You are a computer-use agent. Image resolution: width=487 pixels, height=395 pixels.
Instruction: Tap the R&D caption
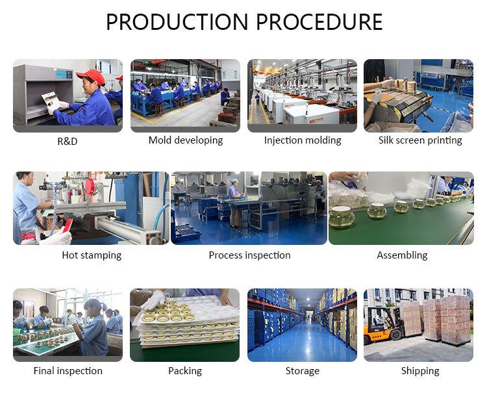coord(67,141)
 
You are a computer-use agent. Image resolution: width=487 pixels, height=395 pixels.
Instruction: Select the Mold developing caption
coord(185,140)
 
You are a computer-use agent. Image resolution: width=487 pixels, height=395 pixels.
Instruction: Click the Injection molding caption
coord(302,140)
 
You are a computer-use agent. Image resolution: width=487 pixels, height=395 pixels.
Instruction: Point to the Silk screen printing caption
coord(420,140)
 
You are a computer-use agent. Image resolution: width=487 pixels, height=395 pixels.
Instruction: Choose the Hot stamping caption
coord(92,255)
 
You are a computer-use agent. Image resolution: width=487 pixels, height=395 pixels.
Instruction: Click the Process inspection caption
coord(249,255)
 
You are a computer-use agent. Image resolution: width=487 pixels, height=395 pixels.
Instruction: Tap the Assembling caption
coord(402,255)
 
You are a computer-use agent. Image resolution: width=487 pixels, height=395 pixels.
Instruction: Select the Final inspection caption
coord(68,371)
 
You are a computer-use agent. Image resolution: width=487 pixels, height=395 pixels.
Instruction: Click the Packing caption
coord(185,371)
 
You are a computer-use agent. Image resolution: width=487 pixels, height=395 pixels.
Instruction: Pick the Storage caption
coord(302,371)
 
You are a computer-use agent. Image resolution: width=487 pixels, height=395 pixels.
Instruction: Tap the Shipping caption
coord(419,371)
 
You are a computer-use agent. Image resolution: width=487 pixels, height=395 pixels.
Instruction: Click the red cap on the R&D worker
coord(92,76)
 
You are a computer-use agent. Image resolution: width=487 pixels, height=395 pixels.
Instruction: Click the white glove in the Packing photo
coord(153,299)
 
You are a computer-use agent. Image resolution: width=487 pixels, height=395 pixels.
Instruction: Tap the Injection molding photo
coord(302,96)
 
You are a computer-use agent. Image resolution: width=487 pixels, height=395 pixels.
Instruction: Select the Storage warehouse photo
coord(302,325)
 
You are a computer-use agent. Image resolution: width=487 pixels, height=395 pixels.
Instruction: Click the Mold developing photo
coord(185,96)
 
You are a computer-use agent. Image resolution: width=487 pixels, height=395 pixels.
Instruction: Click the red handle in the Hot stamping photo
coord(67,225)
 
